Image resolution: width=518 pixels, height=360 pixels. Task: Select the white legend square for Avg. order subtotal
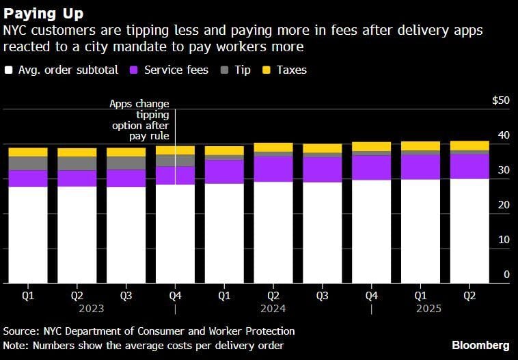point(9,70)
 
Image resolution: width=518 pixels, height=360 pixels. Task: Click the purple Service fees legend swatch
point(135,70)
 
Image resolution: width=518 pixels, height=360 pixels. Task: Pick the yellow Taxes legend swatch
point(267,70)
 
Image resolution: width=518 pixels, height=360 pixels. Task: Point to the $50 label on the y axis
point(500,100)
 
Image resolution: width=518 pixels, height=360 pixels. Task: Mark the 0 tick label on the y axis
point(506,275)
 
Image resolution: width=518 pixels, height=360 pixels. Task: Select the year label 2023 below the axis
point(92,309)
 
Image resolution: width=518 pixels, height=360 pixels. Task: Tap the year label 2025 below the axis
point(428,309)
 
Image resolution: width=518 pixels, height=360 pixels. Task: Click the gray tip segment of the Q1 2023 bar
point(28,163)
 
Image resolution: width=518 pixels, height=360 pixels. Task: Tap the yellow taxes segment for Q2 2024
point(273,147)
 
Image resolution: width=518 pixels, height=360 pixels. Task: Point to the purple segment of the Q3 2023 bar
point(126,178)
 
